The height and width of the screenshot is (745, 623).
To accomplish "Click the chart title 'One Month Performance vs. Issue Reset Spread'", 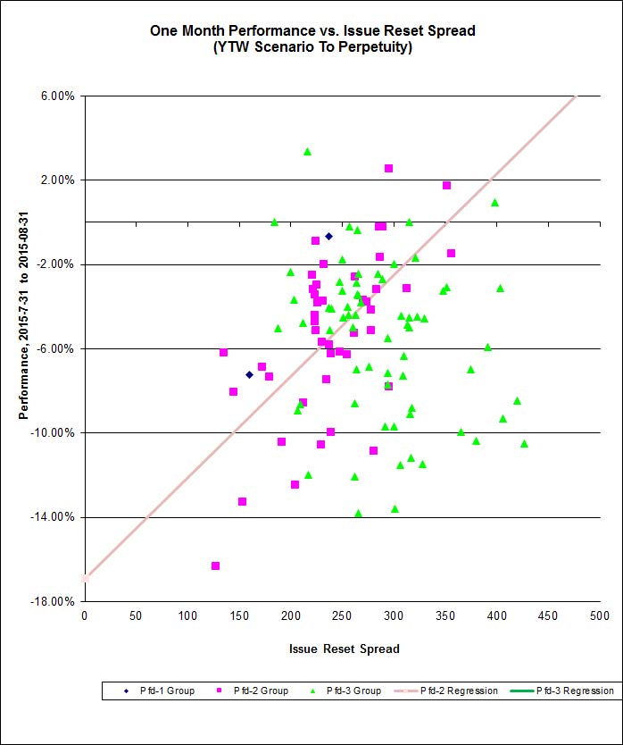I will pyautogui.click(x=311, y=30).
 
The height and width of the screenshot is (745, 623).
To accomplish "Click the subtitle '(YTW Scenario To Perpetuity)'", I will pyautogui.click(x=311, y=47).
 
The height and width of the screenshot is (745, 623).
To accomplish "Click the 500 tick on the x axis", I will pyautogui.click(x=598, y=616).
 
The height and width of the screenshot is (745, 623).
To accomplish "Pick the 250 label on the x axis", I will pyautogui.click(x=342, y=616).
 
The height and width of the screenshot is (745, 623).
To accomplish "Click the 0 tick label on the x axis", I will pyautogui.click(x=85, y=616).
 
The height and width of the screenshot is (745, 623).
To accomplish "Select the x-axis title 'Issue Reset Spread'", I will pyautogui.click(x=343, y=649).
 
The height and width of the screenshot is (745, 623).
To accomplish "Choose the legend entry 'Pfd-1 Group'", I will pyautogui.click(x=156, y=691).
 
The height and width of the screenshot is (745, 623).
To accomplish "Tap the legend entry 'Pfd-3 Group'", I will pyautogui.click(x=349, y=691).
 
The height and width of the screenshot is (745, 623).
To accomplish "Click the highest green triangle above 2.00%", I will pyautogui.click(x=307, y=152).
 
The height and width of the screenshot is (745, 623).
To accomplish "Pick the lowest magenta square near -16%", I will pyautogui.click(x=215, y=565).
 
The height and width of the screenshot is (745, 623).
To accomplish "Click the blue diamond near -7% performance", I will pyautogui.click(x=249, y=374).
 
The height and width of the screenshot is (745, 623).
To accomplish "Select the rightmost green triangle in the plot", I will pyautogui.click(x=524, y=443).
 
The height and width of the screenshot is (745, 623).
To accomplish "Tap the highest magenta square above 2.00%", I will pyautogui.click(x=388, y=168).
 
